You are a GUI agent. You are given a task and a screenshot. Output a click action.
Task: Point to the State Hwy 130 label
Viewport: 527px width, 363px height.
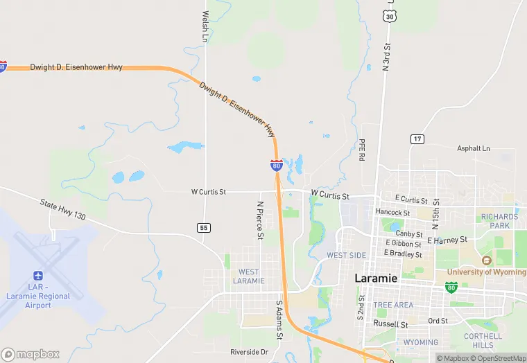(62, 210)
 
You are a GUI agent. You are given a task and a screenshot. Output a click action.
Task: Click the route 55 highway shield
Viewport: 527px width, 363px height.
(203, 227)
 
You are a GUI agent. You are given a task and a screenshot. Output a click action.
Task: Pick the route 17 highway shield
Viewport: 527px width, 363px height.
(416, 139)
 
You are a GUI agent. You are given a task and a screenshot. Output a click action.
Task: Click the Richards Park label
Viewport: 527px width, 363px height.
(500, 221)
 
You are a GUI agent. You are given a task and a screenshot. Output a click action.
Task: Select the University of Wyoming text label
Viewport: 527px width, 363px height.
(486, 272)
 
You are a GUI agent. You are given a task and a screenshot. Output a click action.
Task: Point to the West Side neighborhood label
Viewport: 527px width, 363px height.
(346, 256)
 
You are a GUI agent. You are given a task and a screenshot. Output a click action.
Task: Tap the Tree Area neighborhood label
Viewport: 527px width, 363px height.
(393, 305)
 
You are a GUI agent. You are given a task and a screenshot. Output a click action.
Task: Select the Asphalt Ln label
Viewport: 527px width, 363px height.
(473, 148)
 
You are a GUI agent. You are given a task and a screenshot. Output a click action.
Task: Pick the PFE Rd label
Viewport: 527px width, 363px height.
(361, 150)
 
